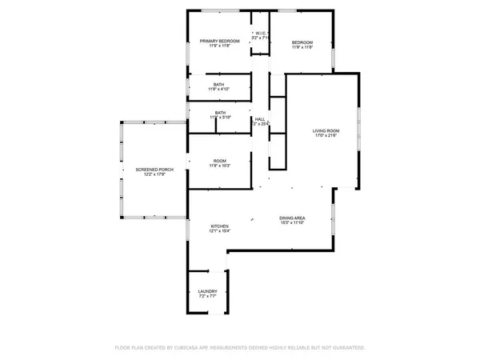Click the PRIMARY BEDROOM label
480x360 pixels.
(x=219, y=42)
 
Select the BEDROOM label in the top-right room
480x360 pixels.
(x=302, y=42)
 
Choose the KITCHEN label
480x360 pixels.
(x=219, y=226)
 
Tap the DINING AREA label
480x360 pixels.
(x=294, y=218)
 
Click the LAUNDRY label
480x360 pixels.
(x=207, y=292)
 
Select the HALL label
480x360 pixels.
(x=260, y=119)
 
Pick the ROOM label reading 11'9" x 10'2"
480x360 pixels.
(x=219, y=161)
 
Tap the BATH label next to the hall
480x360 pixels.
(x=220, y=113)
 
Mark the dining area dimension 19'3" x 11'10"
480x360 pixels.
(x=294, y=223)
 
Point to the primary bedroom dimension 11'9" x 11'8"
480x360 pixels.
(x=219, y=48)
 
